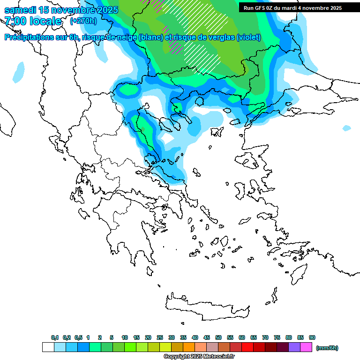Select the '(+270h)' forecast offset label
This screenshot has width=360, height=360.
(x=83, y=21)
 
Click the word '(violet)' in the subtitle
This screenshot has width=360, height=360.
(x=248, y=37)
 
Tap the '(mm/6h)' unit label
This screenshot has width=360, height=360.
(x=327, y=348)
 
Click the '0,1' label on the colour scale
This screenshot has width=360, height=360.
(x=55, y=337)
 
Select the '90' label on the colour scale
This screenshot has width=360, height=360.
(x=312, y=337)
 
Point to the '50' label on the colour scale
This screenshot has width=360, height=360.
(x=218, y=337)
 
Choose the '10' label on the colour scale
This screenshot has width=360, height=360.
(x=125, y=337)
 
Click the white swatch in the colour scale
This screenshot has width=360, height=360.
(x=48, y=347)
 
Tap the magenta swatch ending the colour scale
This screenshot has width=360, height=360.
(x=306, y=347)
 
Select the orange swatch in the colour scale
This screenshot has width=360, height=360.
(x=189, y=347)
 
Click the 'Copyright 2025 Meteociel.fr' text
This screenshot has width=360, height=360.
(x=199, y=357)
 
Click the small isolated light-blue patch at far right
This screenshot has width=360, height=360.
(x=346, y=128)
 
